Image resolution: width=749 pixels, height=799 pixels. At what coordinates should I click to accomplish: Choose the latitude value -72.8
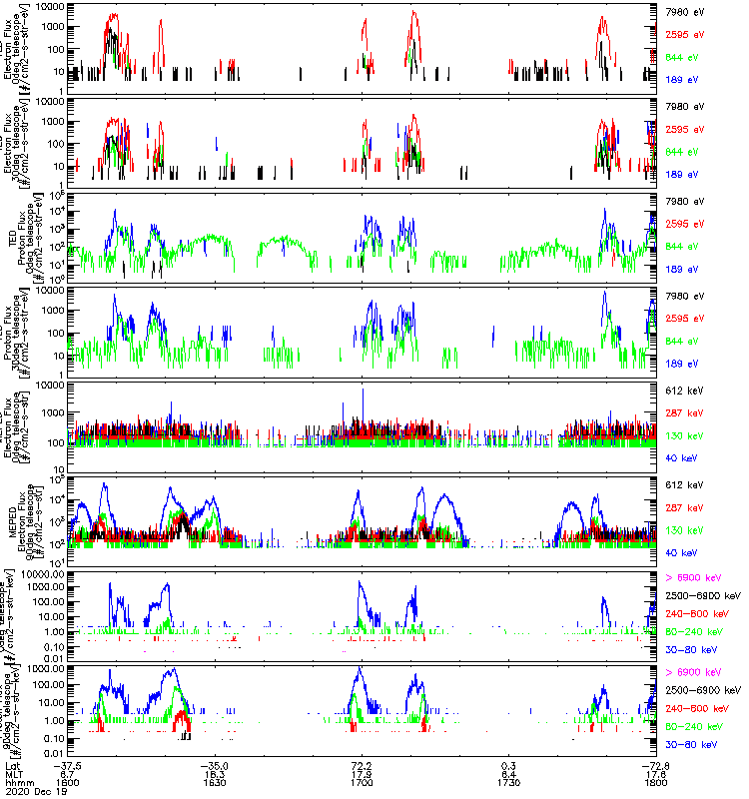654,762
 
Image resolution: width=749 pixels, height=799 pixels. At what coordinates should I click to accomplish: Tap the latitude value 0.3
507,762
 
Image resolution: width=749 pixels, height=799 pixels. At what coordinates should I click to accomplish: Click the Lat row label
12,762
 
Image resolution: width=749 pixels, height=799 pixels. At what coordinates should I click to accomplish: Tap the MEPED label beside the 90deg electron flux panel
11,518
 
